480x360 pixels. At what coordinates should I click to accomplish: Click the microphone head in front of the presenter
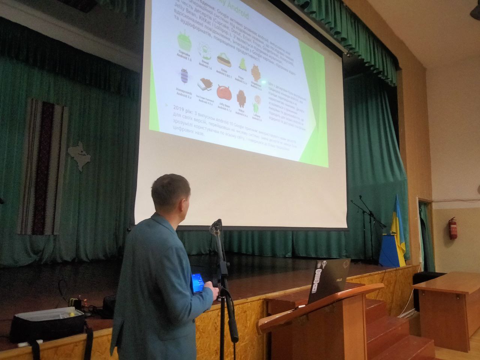(216, 225)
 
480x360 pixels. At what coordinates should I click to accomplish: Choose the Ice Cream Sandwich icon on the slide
(204, 86)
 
